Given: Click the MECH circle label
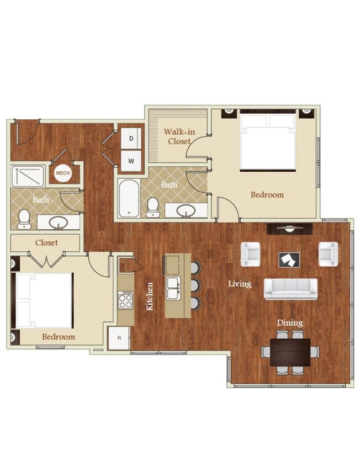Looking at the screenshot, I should pos(61,173).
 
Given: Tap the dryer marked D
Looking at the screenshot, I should pos(131,139).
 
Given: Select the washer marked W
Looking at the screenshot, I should pos(131,160).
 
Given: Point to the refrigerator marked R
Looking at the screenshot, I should pos(119,338).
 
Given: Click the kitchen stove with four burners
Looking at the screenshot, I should pos(125,300).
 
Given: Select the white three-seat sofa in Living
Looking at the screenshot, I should pos(290,288).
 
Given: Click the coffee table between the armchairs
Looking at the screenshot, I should pos(289,258).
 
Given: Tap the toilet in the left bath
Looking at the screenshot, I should pos(24,219).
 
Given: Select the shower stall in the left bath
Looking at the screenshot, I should pos(28,176).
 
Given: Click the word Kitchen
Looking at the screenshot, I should pos(150,296).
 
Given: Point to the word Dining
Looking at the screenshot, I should pos(290,323).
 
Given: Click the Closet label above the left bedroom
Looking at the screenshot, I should pos(46,242).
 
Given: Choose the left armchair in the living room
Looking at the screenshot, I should pos(250,254).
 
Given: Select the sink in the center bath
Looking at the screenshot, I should pos(187,210).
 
